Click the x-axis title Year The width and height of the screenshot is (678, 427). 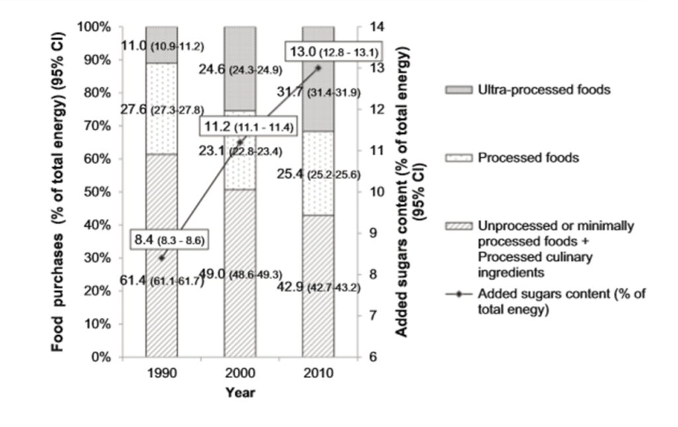coord(239,393)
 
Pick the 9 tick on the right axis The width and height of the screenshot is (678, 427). coord(367,233)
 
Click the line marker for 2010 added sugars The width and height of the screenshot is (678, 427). coord(318,68)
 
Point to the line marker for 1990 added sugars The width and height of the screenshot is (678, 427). coord(161,258)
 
